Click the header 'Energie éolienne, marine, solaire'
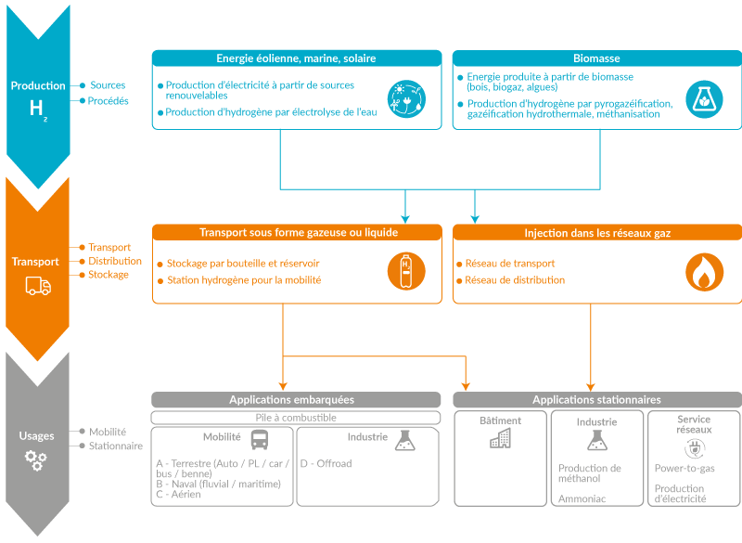[x=296, y=58]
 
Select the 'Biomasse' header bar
[x=596, y=58]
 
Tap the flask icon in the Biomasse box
[x=704, y=99]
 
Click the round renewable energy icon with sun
[x=406, y=99]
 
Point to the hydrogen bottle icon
[x=406, y=271]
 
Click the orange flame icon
[x=705, y=272]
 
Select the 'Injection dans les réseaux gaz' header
[x=597, y=233]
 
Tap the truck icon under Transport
[x=38, y=286]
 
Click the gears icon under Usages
[x=36, y=460]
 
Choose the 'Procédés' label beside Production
[x=108, y=101]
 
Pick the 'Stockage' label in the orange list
[x=109, y=275]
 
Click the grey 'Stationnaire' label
[x=116, y=446]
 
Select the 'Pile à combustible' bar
[x=296, y=418]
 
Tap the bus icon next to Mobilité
[x=260, y=439]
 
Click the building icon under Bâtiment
[x=500, y=438]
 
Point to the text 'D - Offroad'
[x=326, y=463]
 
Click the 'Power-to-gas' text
[x=684, y=468]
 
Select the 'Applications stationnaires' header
[x=597, y=399]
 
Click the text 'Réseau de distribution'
[x=515, y=280]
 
